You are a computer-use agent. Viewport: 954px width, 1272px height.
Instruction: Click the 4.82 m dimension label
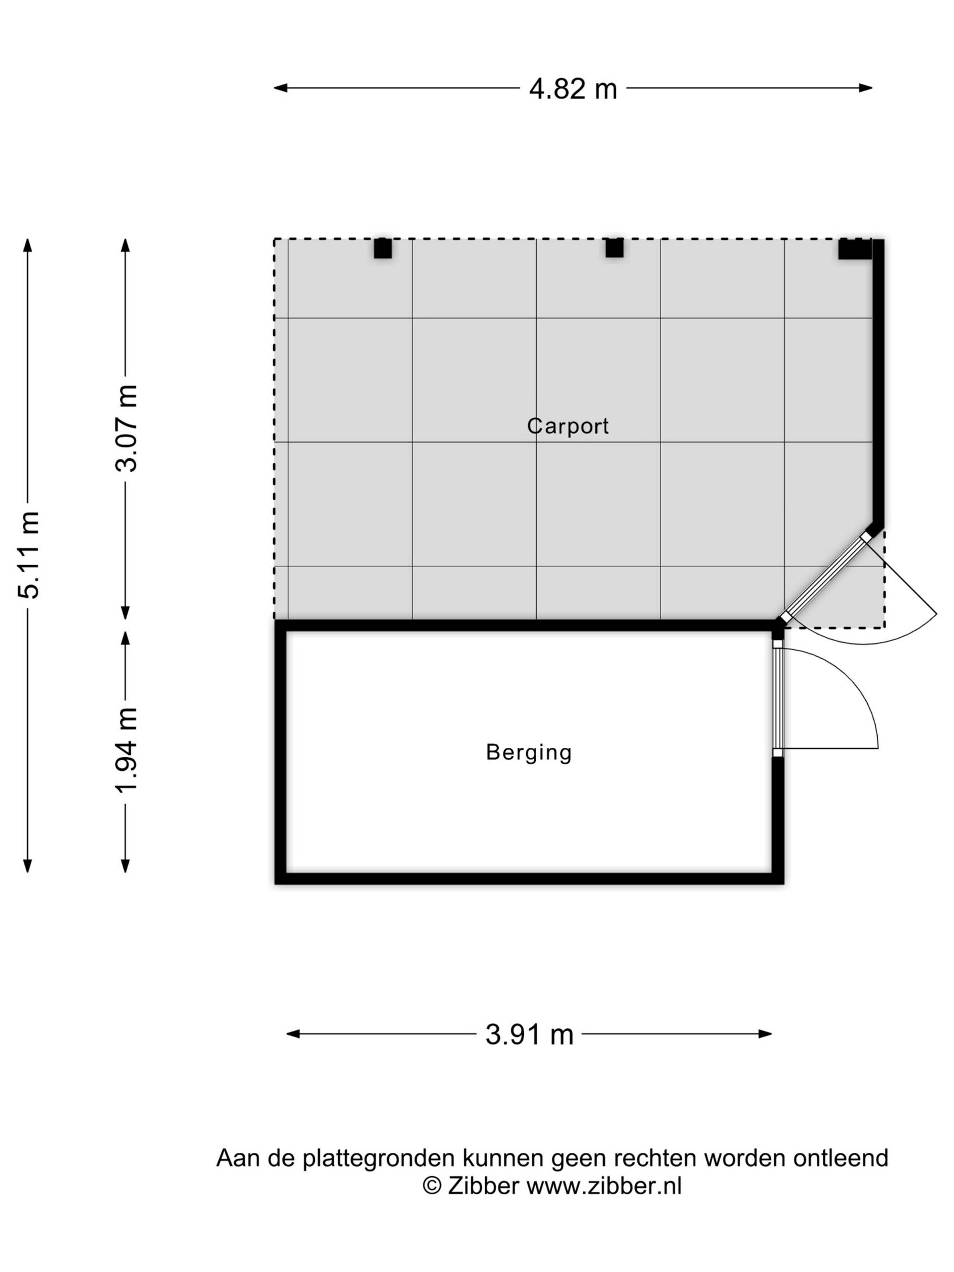[573, 89]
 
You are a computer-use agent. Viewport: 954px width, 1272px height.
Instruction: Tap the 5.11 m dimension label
[29, 554]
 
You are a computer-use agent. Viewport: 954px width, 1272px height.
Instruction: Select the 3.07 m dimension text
[126, 428]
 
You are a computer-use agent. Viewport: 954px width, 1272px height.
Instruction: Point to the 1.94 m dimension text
[126, 750]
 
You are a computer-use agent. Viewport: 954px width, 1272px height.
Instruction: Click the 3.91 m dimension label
[529, 1034]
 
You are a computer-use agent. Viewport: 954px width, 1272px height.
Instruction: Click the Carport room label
[568, 425]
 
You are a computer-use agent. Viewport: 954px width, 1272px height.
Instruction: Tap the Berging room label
[529, 753]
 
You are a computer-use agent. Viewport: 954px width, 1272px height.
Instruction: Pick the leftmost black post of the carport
[383, 248]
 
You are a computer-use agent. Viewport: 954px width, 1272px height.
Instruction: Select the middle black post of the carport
[614, 248]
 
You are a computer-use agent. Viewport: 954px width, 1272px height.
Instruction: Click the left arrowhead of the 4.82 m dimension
[280, 88]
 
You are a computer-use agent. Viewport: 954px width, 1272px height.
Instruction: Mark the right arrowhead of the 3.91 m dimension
[765, 1034]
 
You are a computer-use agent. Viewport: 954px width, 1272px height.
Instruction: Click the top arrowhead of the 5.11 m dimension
[28, 246]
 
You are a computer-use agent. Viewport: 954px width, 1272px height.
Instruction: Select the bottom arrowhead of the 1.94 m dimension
[125, 866]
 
